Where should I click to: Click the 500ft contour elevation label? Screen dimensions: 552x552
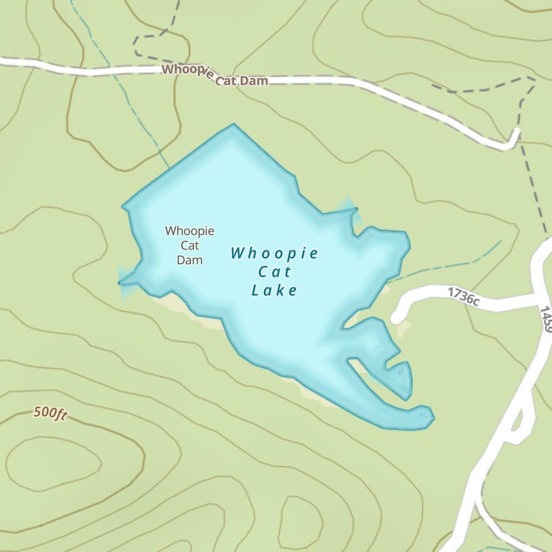(50, 413)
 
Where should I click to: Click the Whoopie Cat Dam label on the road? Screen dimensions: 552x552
(215, 76)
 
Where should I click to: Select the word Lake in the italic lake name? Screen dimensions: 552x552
(274, 290)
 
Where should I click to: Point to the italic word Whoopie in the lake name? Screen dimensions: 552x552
(274, 253)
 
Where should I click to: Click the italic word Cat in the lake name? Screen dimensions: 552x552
(274, 272)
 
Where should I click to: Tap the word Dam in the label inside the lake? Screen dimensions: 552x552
(189, 259)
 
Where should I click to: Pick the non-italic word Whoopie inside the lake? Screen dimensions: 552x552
(189, 231)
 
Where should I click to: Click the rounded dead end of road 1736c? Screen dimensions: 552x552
(396, 318)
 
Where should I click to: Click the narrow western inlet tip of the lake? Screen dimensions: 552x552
(120, 283)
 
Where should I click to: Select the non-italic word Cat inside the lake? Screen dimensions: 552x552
(189, 245)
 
